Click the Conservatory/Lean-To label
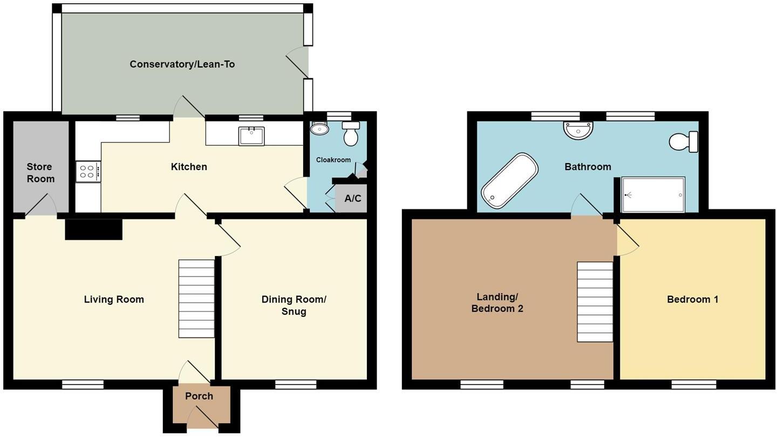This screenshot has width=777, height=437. [182, 64]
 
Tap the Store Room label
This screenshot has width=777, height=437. [40, 173]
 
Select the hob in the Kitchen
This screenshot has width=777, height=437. [88, 172]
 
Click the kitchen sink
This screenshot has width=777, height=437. [251, 136]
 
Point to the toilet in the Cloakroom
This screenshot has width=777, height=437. [351, 133]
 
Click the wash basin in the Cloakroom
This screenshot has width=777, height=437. [320, 128]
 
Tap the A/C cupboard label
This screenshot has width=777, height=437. [352, 198]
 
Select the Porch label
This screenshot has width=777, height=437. [199, 396]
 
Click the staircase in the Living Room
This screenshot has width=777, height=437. [196, 299]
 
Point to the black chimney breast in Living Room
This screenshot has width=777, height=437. [93, 229]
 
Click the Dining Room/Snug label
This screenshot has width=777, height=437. [294, 305]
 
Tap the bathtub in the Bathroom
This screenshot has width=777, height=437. [510, 180]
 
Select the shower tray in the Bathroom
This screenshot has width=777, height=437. [653, 194]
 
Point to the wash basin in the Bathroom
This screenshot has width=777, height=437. [577, 129]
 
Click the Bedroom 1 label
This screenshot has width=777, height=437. [692, 299]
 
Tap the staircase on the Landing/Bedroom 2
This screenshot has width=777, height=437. [595, 301]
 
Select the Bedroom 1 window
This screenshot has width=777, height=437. [694, 385]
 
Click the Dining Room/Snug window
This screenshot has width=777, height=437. [296, 385]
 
